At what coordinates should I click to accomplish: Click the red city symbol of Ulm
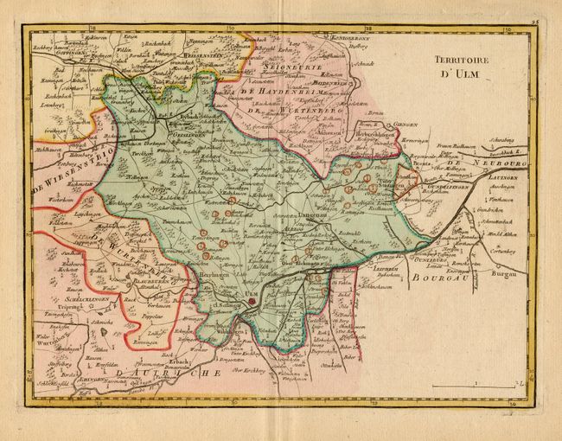pos(252,303)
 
